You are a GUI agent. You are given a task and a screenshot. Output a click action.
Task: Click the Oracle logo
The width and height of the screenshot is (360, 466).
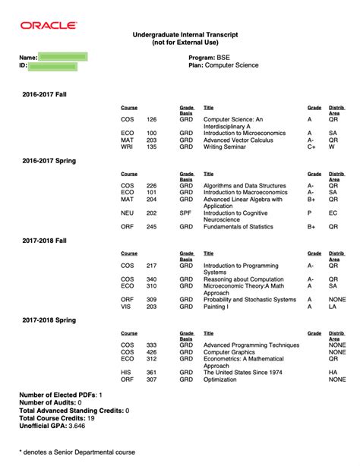point(49,25)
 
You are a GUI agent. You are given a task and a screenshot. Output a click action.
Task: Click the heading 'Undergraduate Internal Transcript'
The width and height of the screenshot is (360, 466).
point(180,35)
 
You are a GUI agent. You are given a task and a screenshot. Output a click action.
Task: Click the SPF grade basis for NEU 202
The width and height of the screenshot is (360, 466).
point(186,213)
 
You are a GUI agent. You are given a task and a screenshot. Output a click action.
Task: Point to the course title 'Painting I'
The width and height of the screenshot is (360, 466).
point(220,306)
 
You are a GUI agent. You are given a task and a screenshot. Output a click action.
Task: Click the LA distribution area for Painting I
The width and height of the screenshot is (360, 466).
point(333,306)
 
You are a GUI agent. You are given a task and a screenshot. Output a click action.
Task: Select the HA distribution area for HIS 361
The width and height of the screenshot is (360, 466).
point(333,372)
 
